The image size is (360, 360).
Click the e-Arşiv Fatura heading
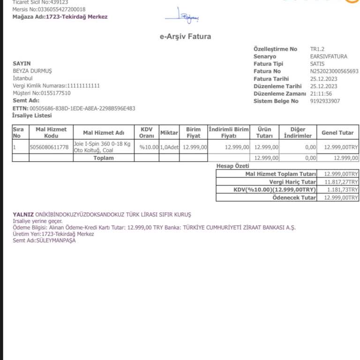[x=185, y=37]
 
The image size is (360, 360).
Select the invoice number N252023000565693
[x=334, y=71]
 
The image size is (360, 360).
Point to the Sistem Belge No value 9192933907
[x=325, y=101]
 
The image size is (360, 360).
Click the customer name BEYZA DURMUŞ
[x=32, y=71]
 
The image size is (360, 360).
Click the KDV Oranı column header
[x=146, y=132]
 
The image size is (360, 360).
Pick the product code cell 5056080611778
[x=49, y=147]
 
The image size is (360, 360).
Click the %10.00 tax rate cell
[x=149, y=147]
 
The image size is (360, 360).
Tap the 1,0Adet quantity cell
[x=169, y=147]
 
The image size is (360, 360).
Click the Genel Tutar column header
[x=337, y=133]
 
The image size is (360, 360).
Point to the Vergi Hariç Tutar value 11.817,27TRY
[x=341, y=182]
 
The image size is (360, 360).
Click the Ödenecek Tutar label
[x=294, y=198]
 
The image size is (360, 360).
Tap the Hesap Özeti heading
[x=233, y=166]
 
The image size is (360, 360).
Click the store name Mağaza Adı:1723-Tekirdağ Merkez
[x=60, y=17]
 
